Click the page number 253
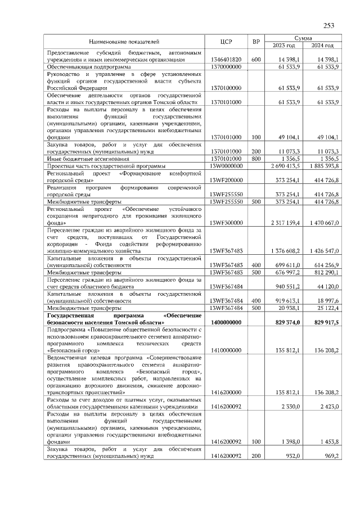tap(329, 25)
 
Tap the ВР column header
tap(256, 42)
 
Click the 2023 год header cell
tap(284, 46)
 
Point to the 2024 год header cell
tap(322, 46)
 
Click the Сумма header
tap(303, 38)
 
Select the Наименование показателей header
tap(124, 42)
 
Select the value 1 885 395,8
tap(322, 166)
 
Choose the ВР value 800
tap(256, 159)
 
